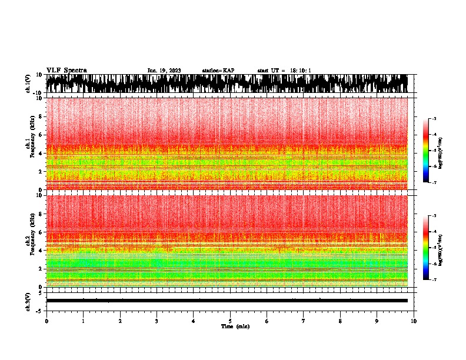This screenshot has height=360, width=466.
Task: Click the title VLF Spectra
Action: point(66,70)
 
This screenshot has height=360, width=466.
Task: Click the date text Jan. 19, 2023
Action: point(164,71)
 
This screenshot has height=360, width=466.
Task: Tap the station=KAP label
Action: point(218,71)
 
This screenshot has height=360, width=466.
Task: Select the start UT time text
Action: point(284,71)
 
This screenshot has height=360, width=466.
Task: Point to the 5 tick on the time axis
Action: point(230,321)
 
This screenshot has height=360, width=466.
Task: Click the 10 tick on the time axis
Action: point(414,321)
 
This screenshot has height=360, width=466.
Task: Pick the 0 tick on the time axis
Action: point(46,321)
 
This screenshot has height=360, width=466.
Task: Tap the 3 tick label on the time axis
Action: point(157,321)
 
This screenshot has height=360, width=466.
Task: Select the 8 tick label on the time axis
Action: point(340,321)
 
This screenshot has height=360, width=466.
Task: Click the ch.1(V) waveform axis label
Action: point(28,84)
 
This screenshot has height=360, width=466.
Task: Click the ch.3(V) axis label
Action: point(28,301)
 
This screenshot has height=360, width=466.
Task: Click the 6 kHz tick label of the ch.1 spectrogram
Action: point(41,135)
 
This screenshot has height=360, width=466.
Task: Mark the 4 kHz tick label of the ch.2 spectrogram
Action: point(41,250)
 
